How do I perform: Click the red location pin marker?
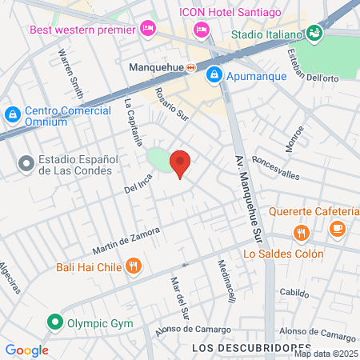click(181, 163)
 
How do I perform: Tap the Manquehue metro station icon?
click(190, 68)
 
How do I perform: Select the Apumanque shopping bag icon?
click(214, 75)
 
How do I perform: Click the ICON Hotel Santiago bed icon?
click(201, 30)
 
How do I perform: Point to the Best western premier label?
click(82, 30)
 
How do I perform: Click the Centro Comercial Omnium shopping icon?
click(13, 115)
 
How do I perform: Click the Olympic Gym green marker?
click(55, 323)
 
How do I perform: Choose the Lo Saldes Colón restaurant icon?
click(301, 234)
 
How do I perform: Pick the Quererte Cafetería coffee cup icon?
click(337, 230)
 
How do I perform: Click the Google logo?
click(26, 350)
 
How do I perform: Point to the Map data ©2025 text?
click(326, 354)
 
